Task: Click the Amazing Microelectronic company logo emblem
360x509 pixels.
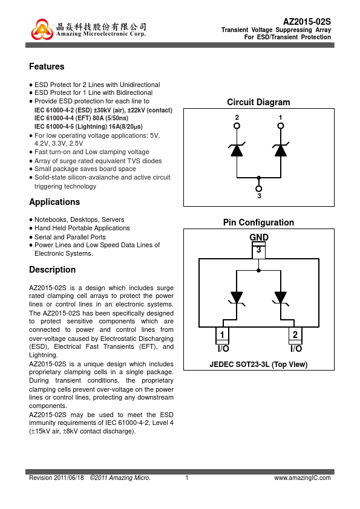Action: coord(42,30)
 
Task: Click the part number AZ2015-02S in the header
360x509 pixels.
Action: coord(307,22)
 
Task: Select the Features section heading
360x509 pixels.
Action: coord(47,66)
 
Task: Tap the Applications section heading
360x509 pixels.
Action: coord(54,202)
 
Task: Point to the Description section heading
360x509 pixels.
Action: coord(52,270)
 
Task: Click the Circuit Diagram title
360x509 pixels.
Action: coord(258,102)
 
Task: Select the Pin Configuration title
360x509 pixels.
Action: coord(258,222)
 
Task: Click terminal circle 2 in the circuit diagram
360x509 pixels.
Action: coord(237,126)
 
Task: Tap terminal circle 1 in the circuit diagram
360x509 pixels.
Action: coord(281,126)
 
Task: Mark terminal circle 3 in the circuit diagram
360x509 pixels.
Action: coord(258,189)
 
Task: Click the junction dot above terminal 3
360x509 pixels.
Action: coord(258,178)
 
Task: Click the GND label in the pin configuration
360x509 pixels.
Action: coord(259,238)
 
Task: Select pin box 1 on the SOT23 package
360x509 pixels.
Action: coord(222,335)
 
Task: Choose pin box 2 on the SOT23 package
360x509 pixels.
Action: coord(295,335)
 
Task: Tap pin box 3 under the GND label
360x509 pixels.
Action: coord(258,250)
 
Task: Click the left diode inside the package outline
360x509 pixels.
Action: coord(237,298)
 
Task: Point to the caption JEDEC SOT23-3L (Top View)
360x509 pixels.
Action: coord(258,365)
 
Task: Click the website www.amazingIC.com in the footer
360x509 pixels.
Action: coord(303,478)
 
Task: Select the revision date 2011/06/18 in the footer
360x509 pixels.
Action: coord(69,478)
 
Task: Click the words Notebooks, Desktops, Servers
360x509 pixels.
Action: coord(79,220)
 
